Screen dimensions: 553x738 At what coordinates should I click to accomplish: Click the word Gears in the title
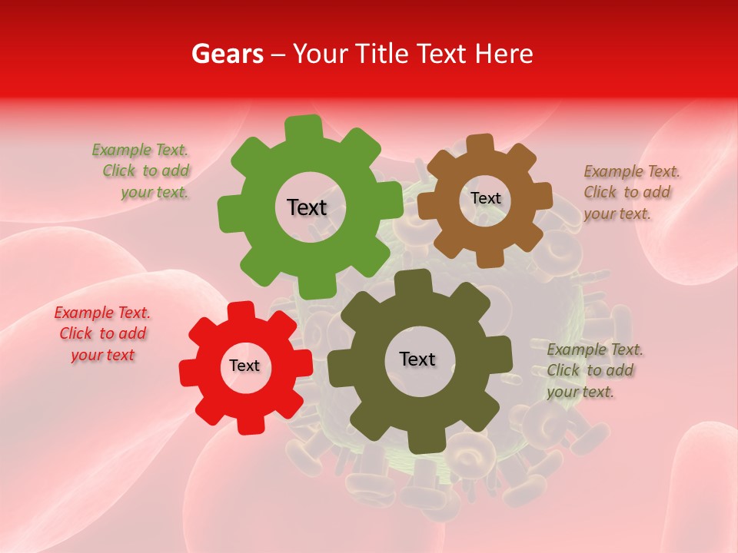point(227,54)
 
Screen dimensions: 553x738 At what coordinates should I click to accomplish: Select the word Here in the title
point(504,54)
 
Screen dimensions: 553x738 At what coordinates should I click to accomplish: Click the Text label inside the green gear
point(307,207)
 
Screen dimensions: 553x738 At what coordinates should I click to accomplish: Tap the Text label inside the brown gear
point(485,198)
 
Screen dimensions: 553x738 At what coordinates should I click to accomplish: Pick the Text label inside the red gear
point(244,366)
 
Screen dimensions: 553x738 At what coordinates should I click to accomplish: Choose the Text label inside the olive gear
point(417,359)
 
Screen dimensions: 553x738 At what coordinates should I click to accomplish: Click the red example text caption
point(103,334)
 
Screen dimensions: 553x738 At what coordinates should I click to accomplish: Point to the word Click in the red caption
point(76,334)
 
